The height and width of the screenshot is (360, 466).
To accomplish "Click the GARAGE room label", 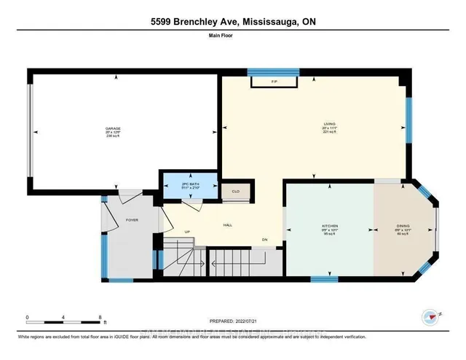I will (112, 128).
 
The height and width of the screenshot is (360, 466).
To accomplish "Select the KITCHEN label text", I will (329, 227).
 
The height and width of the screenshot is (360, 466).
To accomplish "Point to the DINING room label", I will (405, 227).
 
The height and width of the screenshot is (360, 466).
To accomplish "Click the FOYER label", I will (131, 218).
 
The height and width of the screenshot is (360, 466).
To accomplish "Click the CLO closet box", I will (236, 191).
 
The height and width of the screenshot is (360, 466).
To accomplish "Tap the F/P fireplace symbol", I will (274, 81).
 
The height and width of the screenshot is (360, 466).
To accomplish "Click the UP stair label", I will (186, 232).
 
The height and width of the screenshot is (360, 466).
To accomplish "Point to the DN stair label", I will (265, 240).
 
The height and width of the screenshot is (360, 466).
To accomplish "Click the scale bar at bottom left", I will (64, 322).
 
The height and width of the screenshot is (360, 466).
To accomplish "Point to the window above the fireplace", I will (274, 71).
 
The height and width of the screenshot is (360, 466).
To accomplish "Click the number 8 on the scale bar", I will (100, 317).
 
